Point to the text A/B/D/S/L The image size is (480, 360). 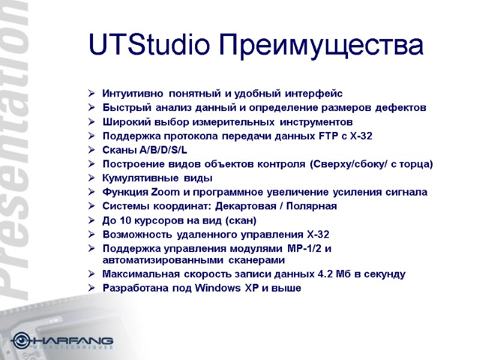pos(161,150)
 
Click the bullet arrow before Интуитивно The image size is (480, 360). pos(91,94)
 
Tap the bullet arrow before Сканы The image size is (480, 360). pos(91,150)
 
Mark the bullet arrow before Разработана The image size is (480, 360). pos(91,289)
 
